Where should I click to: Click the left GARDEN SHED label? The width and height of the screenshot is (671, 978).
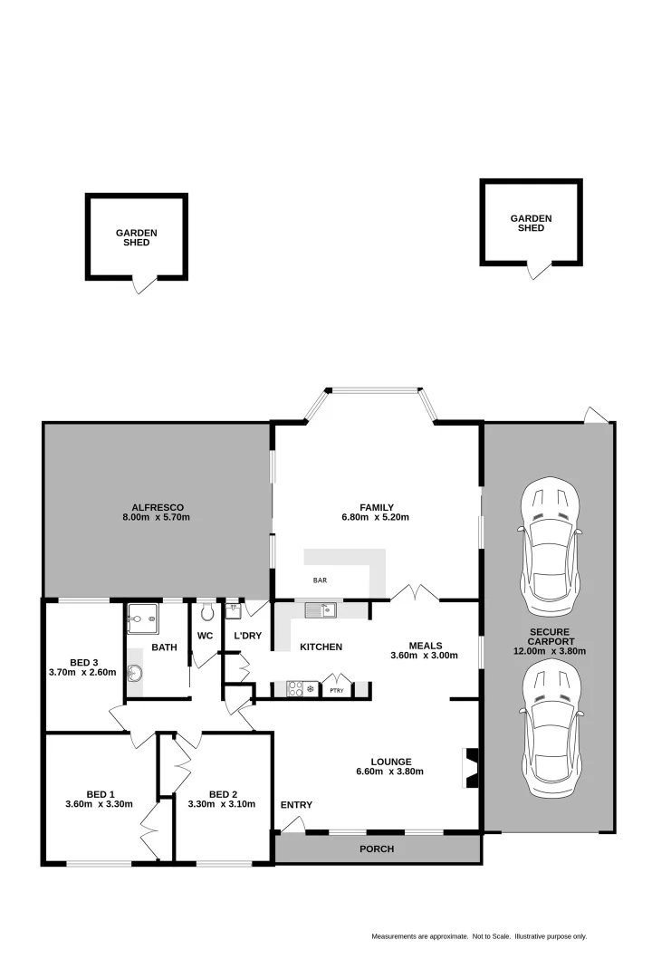(136, 237)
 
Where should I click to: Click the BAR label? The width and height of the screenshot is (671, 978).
(320, 580)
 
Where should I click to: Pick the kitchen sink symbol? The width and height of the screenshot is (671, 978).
(320, 609)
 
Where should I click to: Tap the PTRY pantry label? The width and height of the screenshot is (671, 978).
(336, 690)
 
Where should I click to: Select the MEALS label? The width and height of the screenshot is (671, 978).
(425, 645)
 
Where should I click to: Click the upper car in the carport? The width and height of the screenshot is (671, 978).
(549, 542)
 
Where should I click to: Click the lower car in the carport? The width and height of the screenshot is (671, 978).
(550, 723)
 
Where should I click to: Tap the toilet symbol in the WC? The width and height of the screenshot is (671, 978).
(206, 609)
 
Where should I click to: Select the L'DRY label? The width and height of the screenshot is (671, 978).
(247, 636)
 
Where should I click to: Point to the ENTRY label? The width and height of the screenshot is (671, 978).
(296, 805)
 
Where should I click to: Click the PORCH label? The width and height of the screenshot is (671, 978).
(376, 849)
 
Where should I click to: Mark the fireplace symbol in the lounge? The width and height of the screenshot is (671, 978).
(470, 768)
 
